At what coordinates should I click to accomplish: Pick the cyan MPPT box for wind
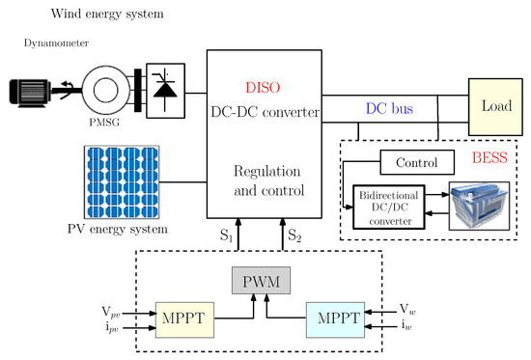pyautogui.click(x=335, y=317)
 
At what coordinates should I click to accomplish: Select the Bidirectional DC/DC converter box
pyautogui.click(x=388, y=206)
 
